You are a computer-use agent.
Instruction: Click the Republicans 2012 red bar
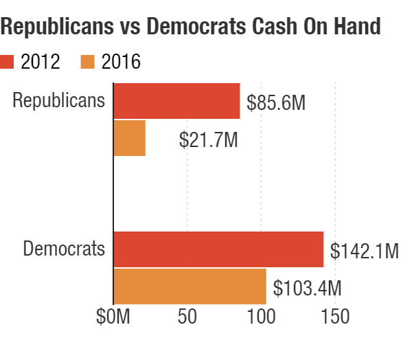click(176, 102)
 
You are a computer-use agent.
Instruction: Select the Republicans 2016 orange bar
click(129, 138)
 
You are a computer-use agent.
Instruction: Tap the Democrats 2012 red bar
click(218, 249)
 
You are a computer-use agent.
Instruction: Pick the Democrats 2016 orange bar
click(190, 286)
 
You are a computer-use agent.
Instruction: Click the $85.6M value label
click(276, 103)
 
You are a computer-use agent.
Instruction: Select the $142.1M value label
click(364, 251)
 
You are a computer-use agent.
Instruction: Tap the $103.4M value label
click(308, 287)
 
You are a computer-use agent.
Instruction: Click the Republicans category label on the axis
click(59, 100)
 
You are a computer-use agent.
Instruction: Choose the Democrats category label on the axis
click(64, 248)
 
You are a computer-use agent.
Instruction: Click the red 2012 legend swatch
click(8, 62)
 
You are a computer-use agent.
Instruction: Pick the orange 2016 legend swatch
click(87, 62)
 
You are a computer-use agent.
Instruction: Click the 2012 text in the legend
click(41, 62)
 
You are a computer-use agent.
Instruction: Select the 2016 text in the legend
click(120, 62)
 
